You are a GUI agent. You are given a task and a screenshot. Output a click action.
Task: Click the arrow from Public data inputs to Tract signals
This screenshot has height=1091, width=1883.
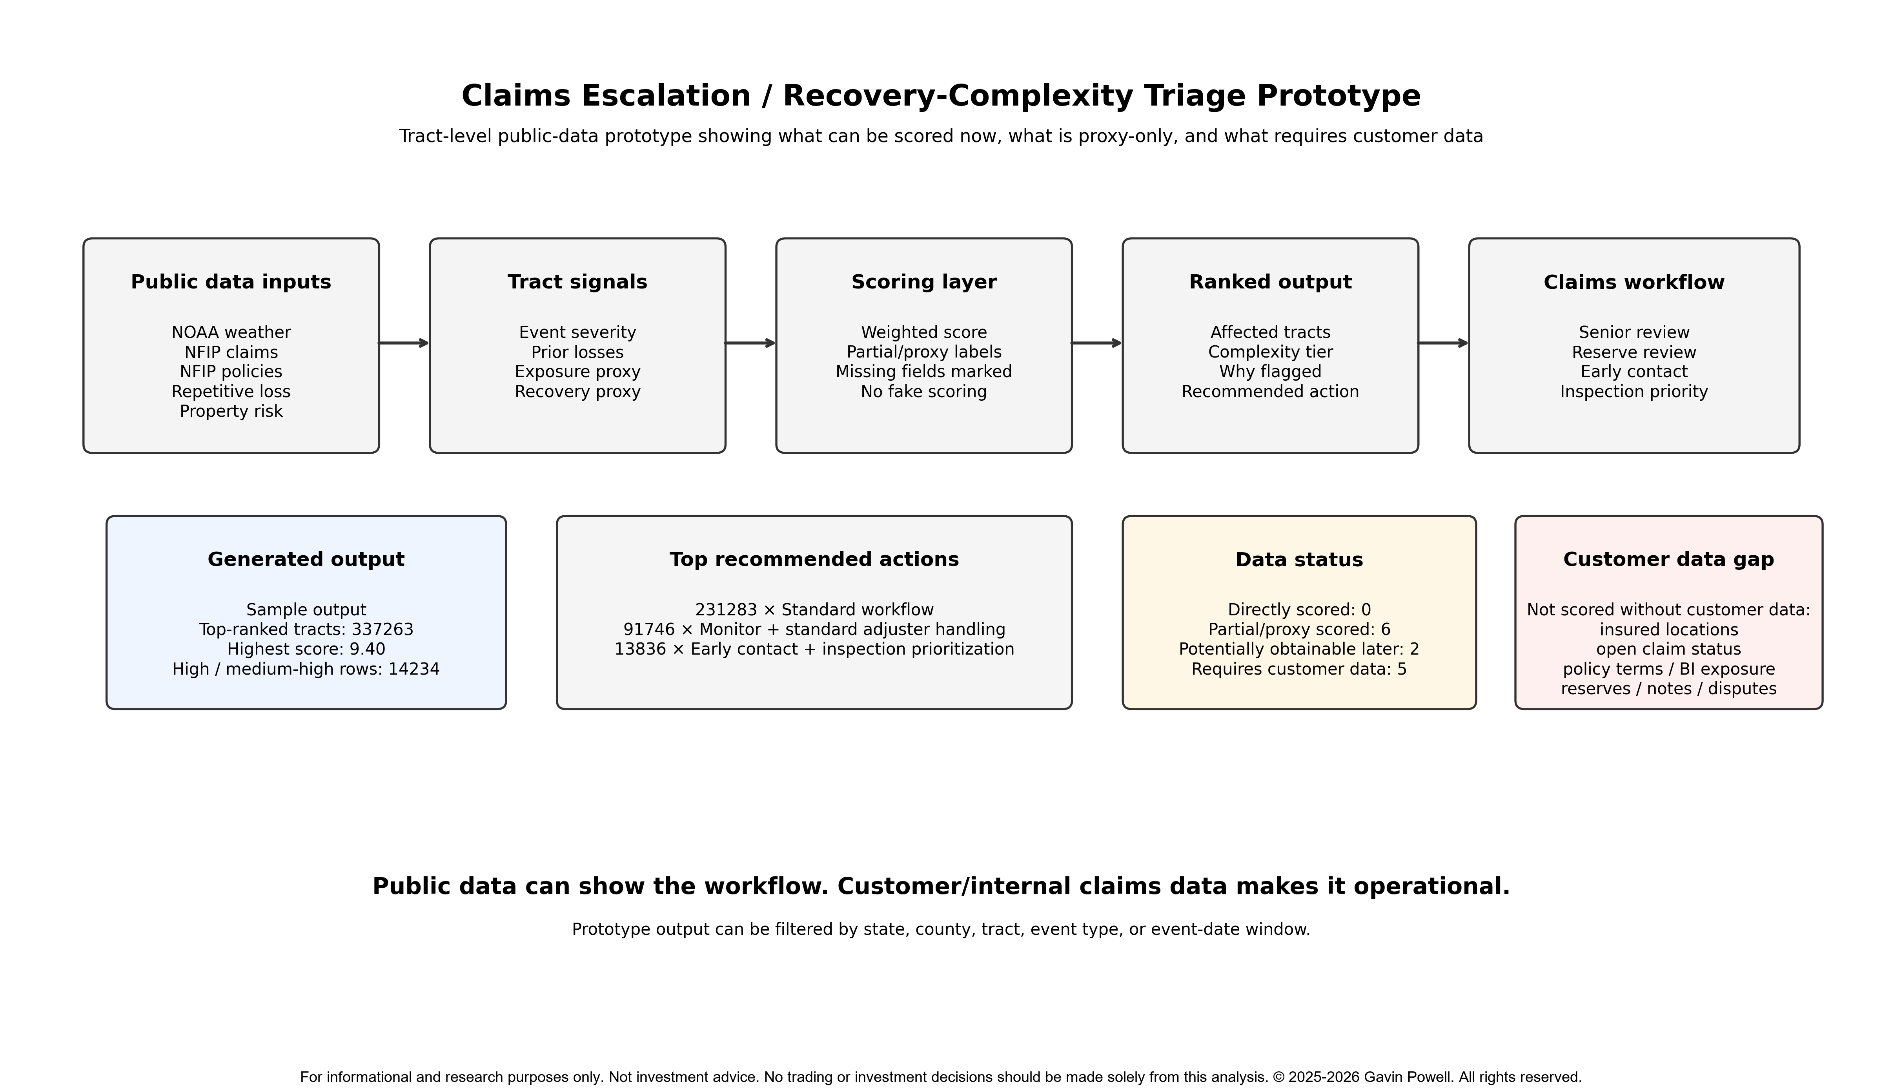pos(404,343)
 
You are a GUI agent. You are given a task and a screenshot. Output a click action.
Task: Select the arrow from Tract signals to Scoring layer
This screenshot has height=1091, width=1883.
pos(751,343)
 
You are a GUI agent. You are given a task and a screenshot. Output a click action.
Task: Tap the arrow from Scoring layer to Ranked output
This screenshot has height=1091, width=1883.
pos(1097,343)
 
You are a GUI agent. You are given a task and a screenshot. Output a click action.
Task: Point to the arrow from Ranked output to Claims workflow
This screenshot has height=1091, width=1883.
pos(1444,343)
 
